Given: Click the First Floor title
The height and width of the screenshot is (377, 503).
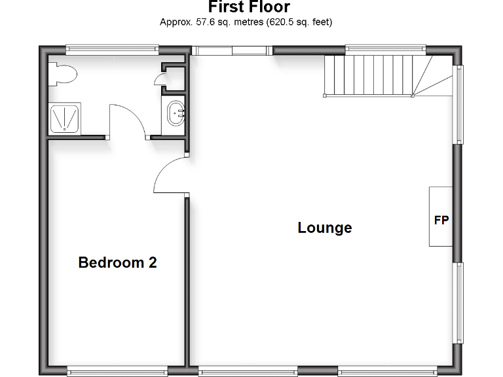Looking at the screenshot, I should pyautogui.click(x=249, y=7).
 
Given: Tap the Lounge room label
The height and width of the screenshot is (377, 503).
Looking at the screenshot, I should pyautogui.click(x=324, y=228).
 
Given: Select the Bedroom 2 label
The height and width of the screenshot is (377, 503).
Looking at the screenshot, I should pyautogui.click(x=117, y=262).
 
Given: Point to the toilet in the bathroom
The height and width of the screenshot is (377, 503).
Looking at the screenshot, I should pyautogui.click(x=62, y=73).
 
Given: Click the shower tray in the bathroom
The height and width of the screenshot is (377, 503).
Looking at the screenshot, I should pyautogui.click(x=65, y=118).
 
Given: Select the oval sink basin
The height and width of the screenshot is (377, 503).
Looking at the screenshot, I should pyautogui.click(x=176, y=113).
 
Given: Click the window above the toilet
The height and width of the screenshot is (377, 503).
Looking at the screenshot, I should pyautogui.click(x=112, y=48).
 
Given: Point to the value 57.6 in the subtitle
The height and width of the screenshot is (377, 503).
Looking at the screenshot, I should pyautogui.click(x=198, y=22).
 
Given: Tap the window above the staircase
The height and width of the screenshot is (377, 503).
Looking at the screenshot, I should pyautogui.click(x=385, y=49).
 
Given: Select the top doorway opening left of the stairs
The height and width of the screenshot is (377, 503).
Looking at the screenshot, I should pyautogui.click(x=233, y=50).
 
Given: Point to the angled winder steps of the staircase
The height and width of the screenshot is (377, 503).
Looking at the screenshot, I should pyautogui.click(x=432, y=75).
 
